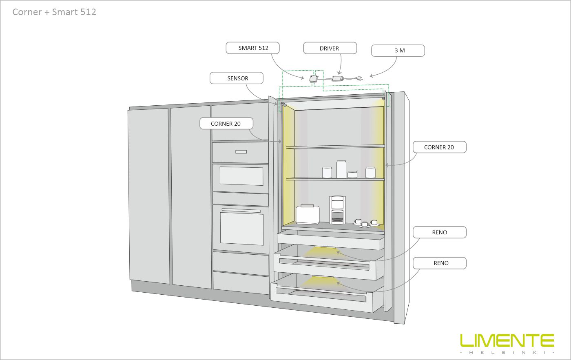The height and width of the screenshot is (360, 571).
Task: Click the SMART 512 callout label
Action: coord(253,48)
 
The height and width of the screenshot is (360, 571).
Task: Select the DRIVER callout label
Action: coord(330,48)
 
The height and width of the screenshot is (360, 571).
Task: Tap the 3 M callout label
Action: coord(398,51)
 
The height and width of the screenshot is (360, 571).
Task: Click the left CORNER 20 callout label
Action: coord(226,124)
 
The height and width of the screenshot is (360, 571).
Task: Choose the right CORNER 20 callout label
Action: coord(439,147)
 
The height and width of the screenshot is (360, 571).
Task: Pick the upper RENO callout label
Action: coord(439,233)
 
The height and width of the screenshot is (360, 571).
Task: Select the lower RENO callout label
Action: coord(439,263)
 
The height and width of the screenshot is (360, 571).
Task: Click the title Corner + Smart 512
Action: coord(54,12)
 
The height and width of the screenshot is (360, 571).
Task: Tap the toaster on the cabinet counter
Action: coord(307,214)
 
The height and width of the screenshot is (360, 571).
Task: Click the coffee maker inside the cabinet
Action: coord(337,210)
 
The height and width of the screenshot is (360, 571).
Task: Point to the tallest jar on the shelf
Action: coord(341,169)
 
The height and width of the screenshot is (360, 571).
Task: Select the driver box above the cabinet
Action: coord(337,78)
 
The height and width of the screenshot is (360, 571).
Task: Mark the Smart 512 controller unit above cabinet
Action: coord(314,79)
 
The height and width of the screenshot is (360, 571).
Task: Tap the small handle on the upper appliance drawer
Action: coord(241,152)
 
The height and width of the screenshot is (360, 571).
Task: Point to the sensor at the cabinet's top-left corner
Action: coord(282,105)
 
